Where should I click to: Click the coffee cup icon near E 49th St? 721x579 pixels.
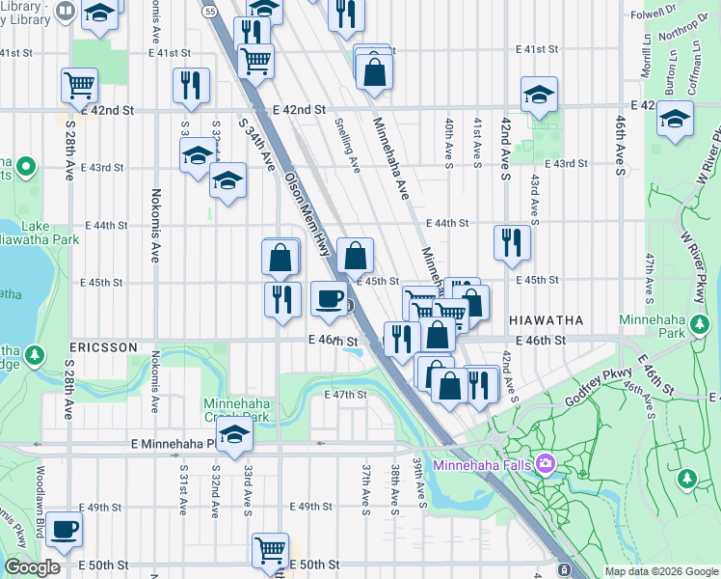[65, 529]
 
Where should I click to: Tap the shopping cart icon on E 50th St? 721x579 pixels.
[271, 550]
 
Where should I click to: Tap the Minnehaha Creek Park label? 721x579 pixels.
[234, 410]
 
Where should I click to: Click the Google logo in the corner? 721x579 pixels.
[32, 567]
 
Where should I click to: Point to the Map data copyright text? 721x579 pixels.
[660, 571]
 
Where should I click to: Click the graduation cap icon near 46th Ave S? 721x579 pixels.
[675, 119]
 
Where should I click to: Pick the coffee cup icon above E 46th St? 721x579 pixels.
[330, 298]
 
